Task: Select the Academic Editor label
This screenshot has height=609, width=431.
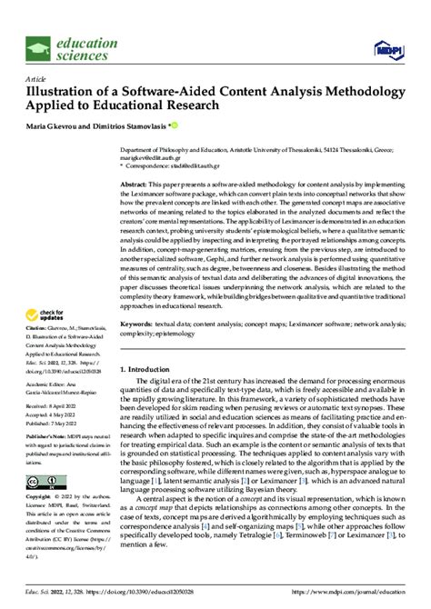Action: (45, 384)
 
